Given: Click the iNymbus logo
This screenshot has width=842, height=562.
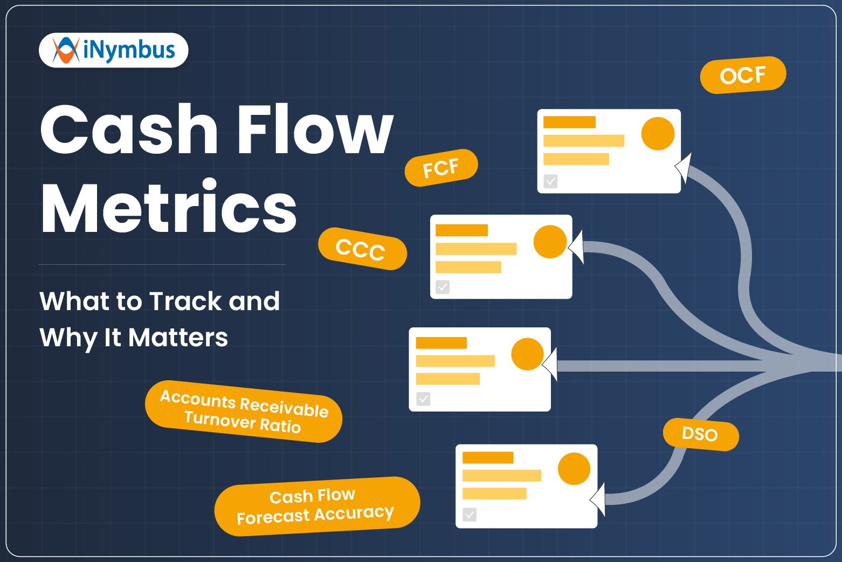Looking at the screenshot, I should [x=114, y=50].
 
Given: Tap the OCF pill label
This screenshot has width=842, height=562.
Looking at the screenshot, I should [x=743, y=75].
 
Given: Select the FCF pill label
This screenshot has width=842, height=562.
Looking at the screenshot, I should [x=441, y=168].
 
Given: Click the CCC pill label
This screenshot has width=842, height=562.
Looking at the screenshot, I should [x=362, y=249].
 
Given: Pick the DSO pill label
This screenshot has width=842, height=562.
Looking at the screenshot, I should [x=700, y=434].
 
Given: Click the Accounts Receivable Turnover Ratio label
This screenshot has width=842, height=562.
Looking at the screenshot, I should [x=244, y=412].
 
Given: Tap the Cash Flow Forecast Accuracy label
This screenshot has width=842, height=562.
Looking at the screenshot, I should [x=316, y=506].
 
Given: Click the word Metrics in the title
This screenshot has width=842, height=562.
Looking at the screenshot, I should [x=169, y=208].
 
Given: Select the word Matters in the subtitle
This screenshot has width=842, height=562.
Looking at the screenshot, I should [x=178, y=338].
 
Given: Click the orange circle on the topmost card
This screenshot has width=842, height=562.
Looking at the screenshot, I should [x=658, y=133].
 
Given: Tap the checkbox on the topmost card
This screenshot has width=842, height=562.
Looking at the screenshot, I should [x=550, y=181].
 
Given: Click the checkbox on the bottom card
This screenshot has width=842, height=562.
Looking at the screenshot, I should [x=470, y=515].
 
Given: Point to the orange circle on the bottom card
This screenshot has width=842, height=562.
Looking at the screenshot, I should [x=574, y=469].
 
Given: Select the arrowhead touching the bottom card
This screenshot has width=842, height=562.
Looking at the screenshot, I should [x=598, y=499].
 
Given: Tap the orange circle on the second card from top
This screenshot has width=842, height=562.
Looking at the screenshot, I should [x=550, y=242].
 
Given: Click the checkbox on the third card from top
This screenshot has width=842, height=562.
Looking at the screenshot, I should [x=423, y=399].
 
